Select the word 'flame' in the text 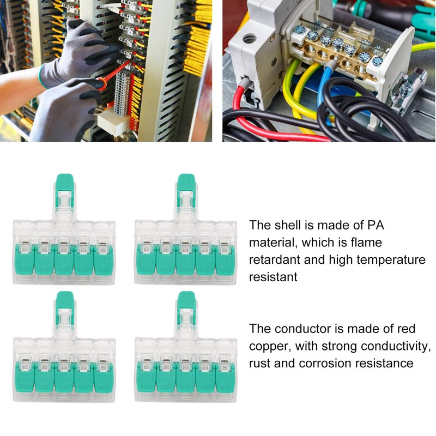click(x=367, y=243)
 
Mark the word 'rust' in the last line click(x=260, y=364)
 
